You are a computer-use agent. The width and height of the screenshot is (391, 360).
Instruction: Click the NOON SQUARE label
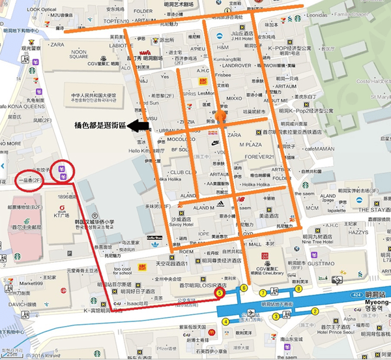click(79, 54)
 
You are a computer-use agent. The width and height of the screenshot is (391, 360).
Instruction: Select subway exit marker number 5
click(220, 294)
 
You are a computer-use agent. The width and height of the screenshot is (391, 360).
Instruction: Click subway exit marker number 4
click(225, 321)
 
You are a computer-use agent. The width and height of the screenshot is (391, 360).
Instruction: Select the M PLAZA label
click(250, 144)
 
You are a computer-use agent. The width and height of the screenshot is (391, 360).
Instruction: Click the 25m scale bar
click(14, 354)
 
